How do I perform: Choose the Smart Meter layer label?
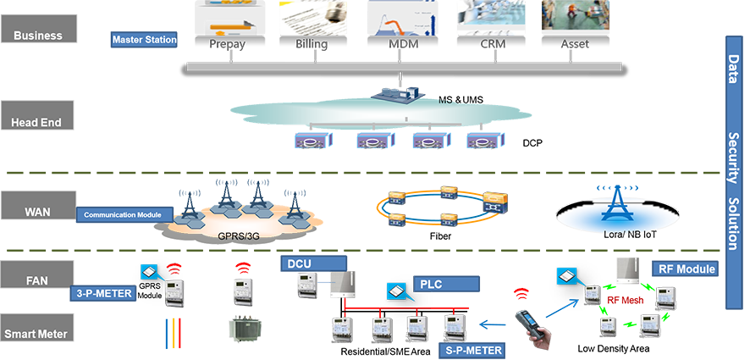pyautogui.click(x=36, y=334)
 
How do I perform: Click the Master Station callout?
pyautogui.click(x=145, y=40)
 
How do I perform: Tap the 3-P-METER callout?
pyautogui.click(x=97, y=296)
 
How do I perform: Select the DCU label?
pyautogui.click(x=301, y=263)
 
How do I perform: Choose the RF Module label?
pyautogui.click(x=687, y=269)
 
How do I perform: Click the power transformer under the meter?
pyautogui.click(x=249, y=331)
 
